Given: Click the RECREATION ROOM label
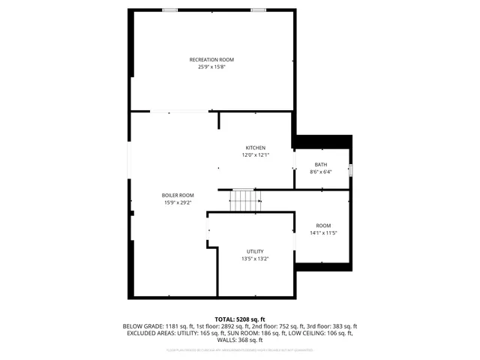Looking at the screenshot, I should click(x=211, y=59).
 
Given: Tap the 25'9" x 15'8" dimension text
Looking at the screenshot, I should click(x=211, y=67).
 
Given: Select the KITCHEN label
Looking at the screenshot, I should click(x=255, y=148).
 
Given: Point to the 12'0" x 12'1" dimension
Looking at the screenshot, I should click(x=255, y=155).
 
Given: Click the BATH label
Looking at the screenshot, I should click(x=320, y=165).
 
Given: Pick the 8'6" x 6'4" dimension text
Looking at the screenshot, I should click(x=320, y=172).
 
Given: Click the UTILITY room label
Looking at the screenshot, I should click(x=255, y=251).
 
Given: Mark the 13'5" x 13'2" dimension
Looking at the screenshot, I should click(x=255, y=259).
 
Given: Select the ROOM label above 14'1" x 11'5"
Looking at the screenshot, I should click(x=323, y=226).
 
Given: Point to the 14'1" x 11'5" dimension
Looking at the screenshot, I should click(x=323, y=233).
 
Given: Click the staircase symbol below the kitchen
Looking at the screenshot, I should click(x=244, y=200).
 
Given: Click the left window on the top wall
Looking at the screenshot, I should click(x=170, y=10).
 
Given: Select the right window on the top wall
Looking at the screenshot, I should click(x=258, y=10).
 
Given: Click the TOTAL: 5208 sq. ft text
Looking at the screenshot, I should click(x=240, y=319).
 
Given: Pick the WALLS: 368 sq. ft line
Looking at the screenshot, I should click(x=240, y=340).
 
